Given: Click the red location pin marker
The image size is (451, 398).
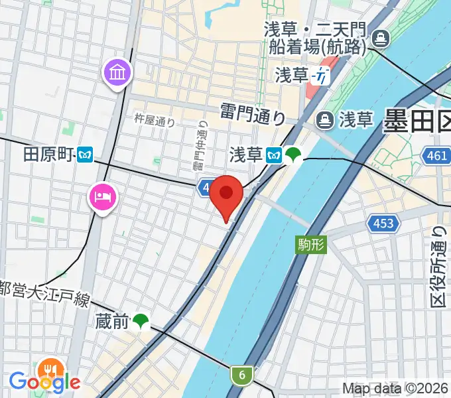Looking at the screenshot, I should coord(227,195).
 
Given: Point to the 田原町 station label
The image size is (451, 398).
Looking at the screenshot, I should coord(47,155).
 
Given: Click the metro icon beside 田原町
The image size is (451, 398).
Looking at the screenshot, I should coord(84,155).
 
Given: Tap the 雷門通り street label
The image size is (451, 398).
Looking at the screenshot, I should coord(253,113).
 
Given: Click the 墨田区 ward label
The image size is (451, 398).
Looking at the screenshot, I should coord(417,121).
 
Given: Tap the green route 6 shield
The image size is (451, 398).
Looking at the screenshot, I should coord(242,375).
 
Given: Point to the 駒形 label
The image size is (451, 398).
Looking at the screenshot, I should coord(310,244).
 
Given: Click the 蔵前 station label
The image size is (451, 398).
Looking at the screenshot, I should coord(110,322).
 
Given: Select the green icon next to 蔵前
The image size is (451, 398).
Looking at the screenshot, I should coord(141,322).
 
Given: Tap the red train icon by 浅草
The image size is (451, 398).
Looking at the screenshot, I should coord(322,76).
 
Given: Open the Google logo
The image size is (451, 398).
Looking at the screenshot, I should coord(44,381).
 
